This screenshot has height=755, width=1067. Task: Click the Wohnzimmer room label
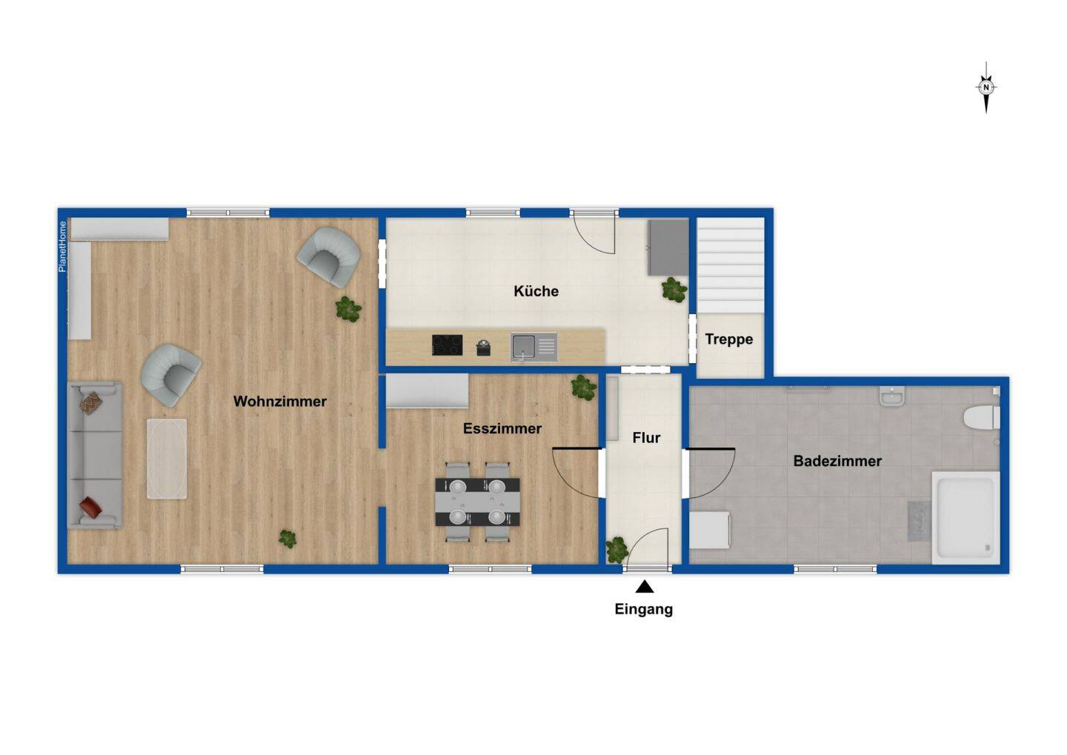pos(279,402)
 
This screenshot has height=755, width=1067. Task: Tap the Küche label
pos(536,291)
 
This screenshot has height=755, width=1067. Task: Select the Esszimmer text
pos(502,428)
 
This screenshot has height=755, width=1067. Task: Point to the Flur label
pos(645,438)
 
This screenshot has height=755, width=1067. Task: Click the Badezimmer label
pos(837,461)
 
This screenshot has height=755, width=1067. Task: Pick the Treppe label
pos(728,339)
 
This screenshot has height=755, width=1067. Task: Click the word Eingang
pos(643,609)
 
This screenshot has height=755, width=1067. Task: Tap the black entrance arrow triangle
pos(644,588)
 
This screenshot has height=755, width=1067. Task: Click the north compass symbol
pos(985,87)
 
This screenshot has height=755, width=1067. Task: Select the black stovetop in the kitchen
pos(447,345)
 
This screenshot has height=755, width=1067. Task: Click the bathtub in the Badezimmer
pos(965,517)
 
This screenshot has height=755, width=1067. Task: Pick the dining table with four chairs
pos(477,502)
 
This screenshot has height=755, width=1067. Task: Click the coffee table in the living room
pos(167,459)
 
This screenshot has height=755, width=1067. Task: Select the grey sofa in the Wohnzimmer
pos(95,454)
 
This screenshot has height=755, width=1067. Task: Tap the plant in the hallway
pos(616,550)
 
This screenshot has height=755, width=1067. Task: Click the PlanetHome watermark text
pos(62,247)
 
